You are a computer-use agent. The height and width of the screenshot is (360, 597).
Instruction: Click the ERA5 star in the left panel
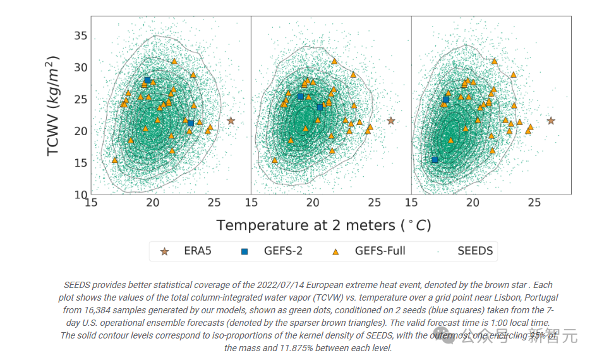231,121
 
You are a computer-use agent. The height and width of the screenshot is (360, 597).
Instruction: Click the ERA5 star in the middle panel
391,121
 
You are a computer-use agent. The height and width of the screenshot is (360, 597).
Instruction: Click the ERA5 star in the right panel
551,121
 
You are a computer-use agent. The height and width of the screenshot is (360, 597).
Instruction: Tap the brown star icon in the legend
165,251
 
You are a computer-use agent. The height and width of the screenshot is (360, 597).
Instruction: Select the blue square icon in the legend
244,251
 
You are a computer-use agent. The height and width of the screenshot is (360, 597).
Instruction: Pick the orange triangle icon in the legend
335,251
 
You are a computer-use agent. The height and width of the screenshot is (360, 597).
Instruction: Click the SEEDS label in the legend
475,251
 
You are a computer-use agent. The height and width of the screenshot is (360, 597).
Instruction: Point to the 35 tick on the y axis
80,35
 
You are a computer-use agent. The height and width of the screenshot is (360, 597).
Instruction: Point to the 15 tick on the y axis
80,162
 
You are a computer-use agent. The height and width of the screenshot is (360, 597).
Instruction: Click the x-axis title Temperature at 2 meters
323,225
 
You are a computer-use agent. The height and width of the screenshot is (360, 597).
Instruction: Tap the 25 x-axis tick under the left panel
214,203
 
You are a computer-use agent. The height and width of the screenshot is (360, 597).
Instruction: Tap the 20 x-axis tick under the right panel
473,203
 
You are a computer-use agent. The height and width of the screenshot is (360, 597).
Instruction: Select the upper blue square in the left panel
147,80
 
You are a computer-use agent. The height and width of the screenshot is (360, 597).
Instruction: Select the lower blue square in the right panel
435,160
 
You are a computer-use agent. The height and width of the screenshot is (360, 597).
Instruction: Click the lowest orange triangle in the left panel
114,160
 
